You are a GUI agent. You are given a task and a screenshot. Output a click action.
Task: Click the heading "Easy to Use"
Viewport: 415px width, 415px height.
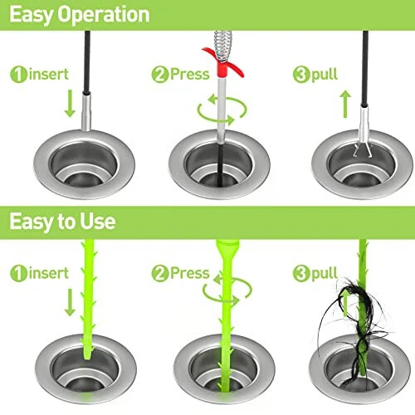point(64,222)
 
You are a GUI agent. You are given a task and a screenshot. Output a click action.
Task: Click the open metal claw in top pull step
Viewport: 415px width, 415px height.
point(363,149)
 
